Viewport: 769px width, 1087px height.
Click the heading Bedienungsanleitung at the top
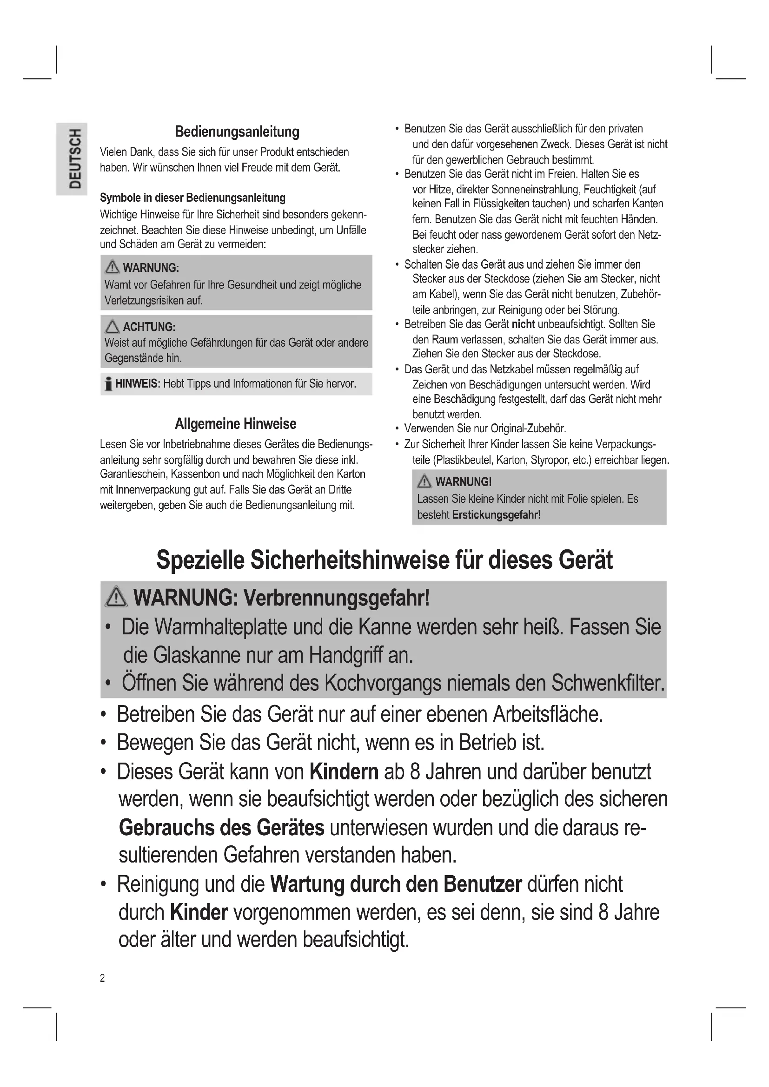point(237,132)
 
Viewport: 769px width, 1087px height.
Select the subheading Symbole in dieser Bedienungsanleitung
point(192,198)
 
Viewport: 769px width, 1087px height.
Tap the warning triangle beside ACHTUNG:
point(112,327)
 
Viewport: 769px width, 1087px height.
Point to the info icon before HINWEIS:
point(108,383)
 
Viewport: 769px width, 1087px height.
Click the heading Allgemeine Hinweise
point(235,424)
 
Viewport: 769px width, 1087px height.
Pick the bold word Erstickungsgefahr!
point(496,514)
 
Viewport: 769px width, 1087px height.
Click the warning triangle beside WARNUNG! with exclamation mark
point(424,482)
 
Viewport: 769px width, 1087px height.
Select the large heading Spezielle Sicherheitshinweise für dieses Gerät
point(384,560)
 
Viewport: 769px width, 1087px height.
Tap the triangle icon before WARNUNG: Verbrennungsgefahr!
point(117,598)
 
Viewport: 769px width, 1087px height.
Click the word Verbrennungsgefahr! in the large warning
point(336,598)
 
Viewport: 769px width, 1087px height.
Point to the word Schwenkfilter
point(608,683)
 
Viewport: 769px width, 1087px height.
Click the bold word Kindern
point(344,772)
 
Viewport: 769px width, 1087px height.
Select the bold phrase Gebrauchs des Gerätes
point(222,828)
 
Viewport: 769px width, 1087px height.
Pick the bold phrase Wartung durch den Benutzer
point(396,884)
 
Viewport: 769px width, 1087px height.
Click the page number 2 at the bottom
point(102,978)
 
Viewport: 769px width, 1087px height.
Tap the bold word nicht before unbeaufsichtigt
point(523,324)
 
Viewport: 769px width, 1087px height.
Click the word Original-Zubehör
point(528,428)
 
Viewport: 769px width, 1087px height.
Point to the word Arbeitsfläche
point(548,714)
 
